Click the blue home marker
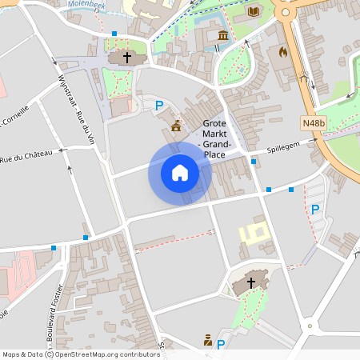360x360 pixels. [180, 172]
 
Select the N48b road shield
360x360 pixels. [314, 123]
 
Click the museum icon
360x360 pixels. [223, 36]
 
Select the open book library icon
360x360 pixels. [254, 11]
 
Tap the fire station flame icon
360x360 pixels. [282, 52]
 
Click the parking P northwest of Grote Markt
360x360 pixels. [159, 105]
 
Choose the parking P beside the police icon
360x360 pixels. [221, 344]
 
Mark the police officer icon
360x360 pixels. [208, 342]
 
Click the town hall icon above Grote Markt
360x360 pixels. [176, 125]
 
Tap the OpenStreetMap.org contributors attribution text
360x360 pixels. [107, 354]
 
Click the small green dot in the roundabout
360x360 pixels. [310, 326]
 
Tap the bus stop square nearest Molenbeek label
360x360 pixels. [114, 34]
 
